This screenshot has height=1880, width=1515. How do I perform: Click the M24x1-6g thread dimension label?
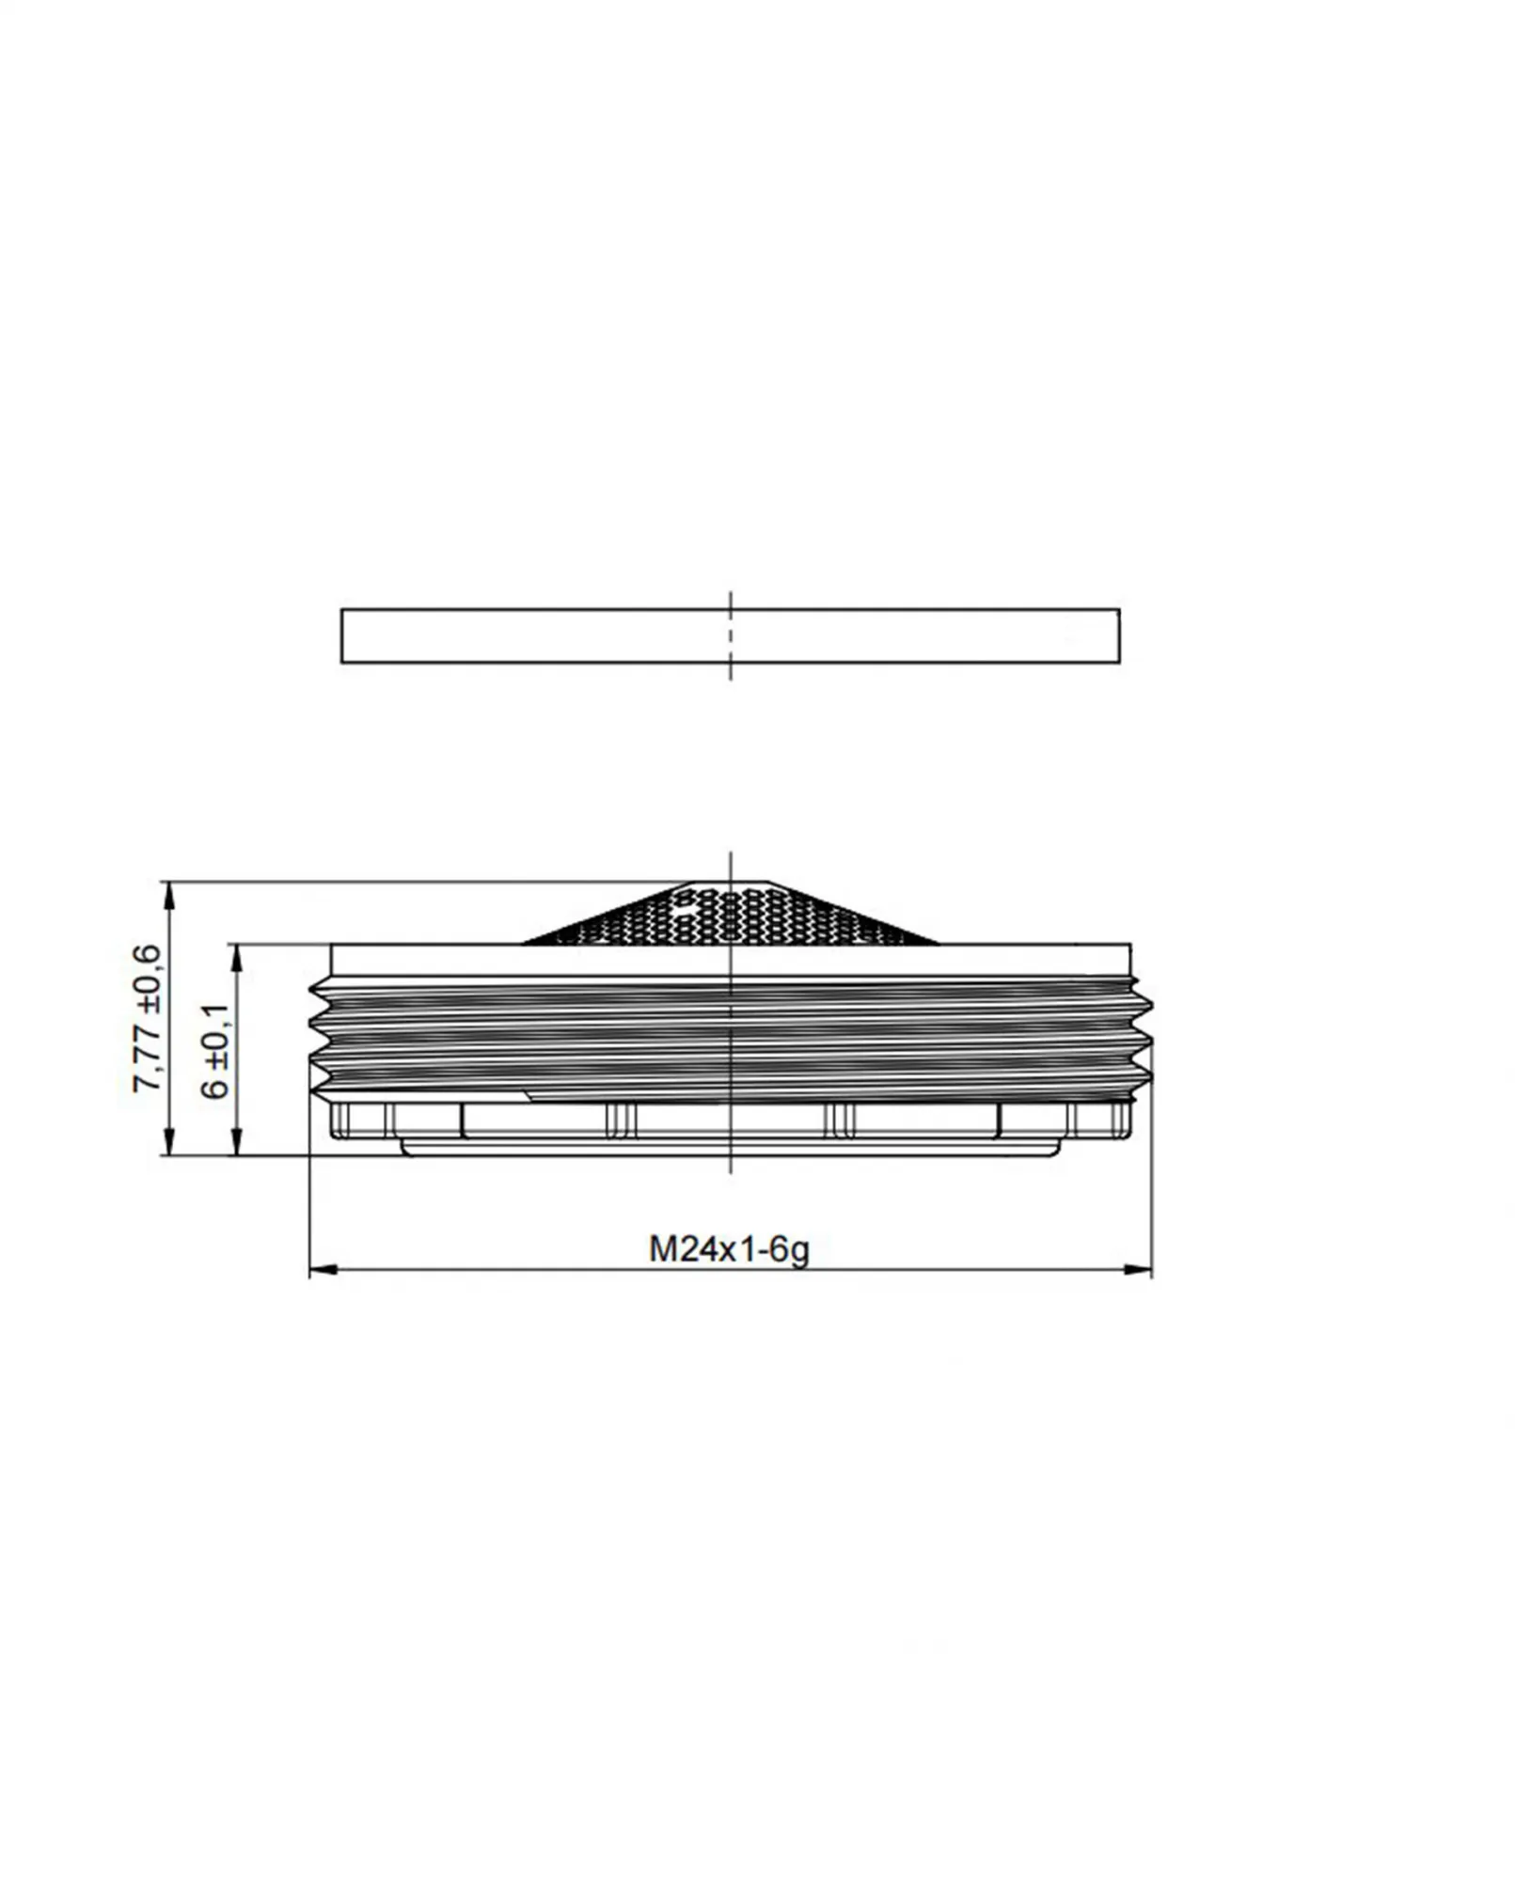[729, 1249]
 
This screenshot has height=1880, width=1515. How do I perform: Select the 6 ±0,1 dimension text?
[215, 1050]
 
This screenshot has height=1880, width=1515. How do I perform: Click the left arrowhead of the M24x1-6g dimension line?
[323, 1270]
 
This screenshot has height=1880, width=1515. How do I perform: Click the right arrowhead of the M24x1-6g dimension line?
[1138, 1270]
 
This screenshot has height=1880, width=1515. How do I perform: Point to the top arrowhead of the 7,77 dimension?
[169, 895]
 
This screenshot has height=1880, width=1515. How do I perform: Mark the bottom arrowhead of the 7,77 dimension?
[169, 1142]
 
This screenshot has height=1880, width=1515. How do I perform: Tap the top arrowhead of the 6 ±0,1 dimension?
[237, 958]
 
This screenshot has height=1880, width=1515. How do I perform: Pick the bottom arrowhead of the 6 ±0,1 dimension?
[237, 1142]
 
